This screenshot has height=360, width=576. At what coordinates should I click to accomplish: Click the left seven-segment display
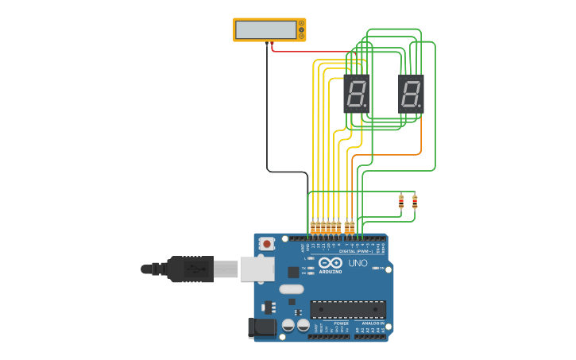click(357, 94)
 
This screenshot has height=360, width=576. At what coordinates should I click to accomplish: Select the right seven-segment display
click(411, 94)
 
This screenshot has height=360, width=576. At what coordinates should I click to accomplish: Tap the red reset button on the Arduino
click(267, 243)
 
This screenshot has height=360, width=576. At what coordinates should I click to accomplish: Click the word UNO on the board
click(358, 263)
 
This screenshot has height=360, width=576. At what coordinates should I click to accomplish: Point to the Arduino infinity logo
click(331, 262)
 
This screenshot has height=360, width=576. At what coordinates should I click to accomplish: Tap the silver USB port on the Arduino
click(256, 269)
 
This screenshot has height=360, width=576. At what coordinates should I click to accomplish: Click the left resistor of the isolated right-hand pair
click(401, 202)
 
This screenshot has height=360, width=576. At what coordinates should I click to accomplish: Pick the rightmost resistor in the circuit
click(415, 202)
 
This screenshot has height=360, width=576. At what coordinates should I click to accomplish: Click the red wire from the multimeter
click(310, 52)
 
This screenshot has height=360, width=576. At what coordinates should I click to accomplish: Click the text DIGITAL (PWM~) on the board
click(354, 251)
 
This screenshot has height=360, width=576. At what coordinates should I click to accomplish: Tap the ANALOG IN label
click(370, 324)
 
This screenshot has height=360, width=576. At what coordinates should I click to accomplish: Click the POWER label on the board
click(342, 324)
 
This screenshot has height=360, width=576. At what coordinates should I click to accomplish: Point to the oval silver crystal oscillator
click(291, 289)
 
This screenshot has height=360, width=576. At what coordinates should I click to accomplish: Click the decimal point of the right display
click(420, 106)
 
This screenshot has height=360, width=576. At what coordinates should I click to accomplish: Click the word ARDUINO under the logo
click(331, 272)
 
